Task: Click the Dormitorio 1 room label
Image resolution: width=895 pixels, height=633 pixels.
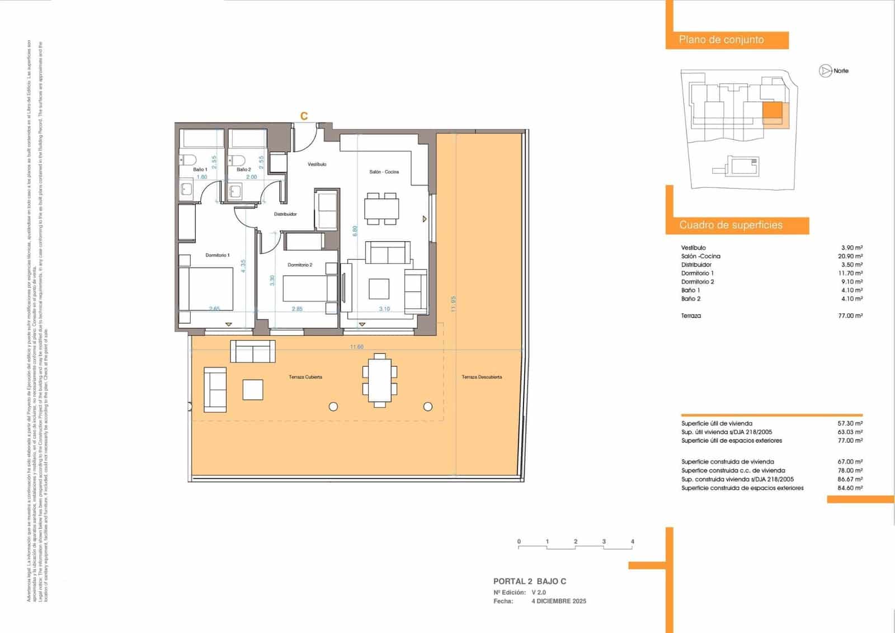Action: pyautogui.click(x=217, y=255)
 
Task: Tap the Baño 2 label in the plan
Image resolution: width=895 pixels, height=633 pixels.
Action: pyautogui.click(x=243, y=169)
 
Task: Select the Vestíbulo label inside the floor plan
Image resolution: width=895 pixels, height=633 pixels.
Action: pyautogui.click(x=317, y=164)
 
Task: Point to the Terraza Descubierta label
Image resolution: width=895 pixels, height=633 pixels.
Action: pyautogui.click(x=482, y=377)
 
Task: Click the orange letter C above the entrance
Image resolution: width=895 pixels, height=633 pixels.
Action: pyautogui.click(x=304, y=116)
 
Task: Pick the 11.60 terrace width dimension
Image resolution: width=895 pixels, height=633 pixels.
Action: pyautogui.click(x=356, y=347)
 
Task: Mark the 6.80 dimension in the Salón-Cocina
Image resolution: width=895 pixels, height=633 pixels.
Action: pyautogui.click(x=355, y=231)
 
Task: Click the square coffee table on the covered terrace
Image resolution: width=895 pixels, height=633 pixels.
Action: pyautogui.click(x=253, y=390)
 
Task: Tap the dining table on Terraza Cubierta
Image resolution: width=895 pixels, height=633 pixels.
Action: pyautogui.click(x=380, y=380)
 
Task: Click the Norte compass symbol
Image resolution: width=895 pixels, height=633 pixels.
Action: pyautogui.click(x=825, y=71)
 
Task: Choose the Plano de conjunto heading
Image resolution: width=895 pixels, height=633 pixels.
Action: pyautogui.click(x=721, y=40)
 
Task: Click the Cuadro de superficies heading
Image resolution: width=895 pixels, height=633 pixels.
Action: pyautogui.click(x=731, y=225)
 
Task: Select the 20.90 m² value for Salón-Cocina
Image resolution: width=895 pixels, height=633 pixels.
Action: pyautogui.click(x=850, y=256)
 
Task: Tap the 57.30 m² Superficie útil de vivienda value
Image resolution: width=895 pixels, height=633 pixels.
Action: pyautogui.click(x=850, y=423)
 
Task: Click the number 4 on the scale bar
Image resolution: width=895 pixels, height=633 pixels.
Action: pyautogui.click(x=632, y=541)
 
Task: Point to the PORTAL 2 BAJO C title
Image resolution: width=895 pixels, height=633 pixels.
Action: pyautogui.click(x=529, y=582)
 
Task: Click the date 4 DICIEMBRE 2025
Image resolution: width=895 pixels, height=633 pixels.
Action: pyautogui.click(x=558, y=601)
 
